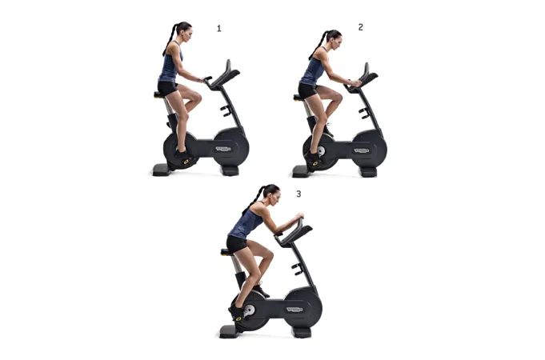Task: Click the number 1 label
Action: click(x=219, y=29)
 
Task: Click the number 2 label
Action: click(x=360, y=27)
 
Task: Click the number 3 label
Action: click(x=299, y=194)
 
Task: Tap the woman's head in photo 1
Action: click(x=184, y=32)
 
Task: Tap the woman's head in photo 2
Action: click(x=334, y=40)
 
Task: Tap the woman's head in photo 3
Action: click(x=272, y=194)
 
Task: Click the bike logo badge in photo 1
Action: click(x=223, y=149)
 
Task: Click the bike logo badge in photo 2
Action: click(x=362, y=151)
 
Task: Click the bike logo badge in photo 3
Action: click(x=295, y=310)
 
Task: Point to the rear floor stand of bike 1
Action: click(x=162, y=170)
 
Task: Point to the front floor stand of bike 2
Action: click(x=368, y=172)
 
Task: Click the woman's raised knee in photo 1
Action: click(x=197, y=97)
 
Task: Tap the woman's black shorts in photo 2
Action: click(x=307, y=90)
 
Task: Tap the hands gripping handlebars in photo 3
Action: click(x=299, y=217)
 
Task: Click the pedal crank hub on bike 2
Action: click(x=321, y=151)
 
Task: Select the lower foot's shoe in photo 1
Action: click(x=183, y=157)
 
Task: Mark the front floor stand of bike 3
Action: click(x=302, y=333)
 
